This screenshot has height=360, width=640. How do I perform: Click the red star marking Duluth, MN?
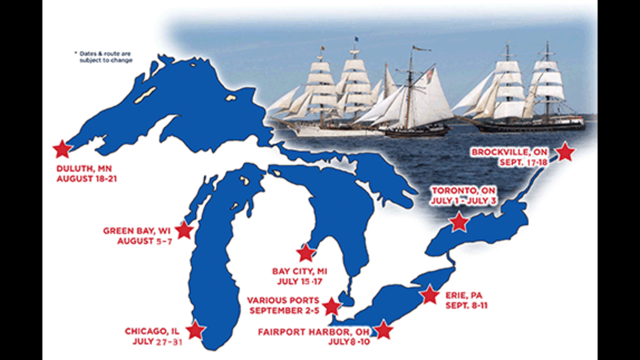pyautogui.click(x=62, y=148)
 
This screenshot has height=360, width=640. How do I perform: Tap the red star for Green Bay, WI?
pyautogui.click(x=184, y=230)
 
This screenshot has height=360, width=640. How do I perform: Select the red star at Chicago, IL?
pyautogui.click(x=195, y=330)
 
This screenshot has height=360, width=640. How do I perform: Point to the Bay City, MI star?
pyautogui.click(x=305, y=253)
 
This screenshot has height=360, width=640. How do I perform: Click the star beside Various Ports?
pyautogui.click(x=331, y=306)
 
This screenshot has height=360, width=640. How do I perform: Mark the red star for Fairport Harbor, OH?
pyautogui.click(x=383, y=330)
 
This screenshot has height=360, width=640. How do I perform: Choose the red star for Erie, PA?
pyautogui.click(x=429, y=295)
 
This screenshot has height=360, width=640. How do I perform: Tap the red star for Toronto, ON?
pyautogui.click(x=458, y=222)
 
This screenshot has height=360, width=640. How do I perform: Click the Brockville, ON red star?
pyautogui.click(x=565, y=151)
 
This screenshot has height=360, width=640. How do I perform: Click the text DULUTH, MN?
pyautogui.click(x=83, y=168)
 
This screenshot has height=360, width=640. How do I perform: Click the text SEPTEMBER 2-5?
pyautogui.click(x=283, y=310)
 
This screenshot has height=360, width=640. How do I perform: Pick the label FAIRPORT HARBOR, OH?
pyautogui.click(x=314, y=331)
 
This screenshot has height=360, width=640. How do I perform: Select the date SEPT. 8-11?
pyautogui.click(x=466, y=305)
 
